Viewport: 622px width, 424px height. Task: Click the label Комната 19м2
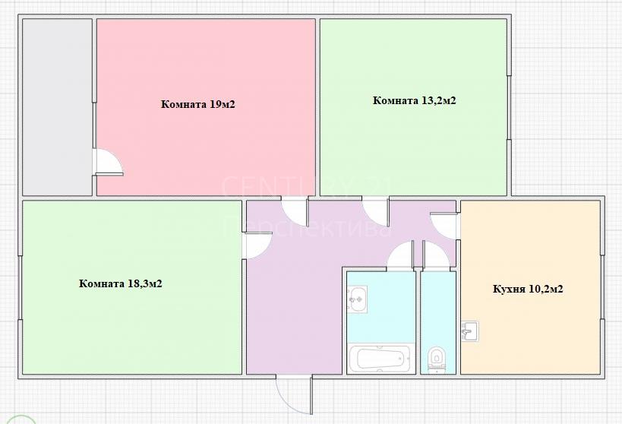point(198,104)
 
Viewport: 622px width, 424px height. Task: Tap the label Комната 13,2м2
point(414,100)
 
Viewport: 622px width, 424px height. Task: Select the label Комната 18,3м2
point(121,284)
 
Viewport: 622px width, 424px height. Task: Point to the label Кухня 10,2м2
point(528,289)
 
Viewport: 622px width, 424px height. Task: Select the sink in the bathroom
point(358,299)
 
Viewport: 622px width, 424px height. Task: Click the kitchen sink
point(470,331)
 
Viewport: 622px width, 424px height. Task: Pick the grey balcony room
point(57,107)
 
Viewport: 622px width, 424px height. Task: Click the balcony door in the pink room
point(109,162)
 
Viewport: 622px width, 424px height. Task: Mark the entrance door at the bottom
point(295,394)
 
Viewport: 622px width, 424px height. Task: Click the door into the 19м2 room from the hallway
point(295,210)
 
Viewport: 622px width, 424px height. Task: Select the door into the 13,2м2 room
point(376,210)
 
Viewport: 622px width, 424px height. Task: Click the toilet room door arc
point(437,256)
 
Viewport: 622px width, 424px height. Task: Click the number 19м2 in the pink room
point(222,104)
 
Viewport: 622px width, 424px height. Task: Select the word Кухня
point(509,289)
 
